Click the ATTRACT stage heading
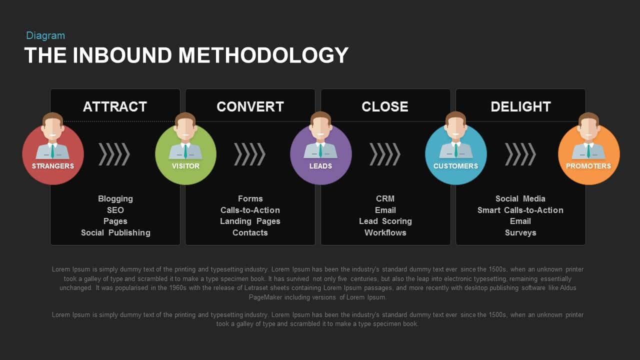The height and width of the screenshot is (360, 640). (115, 106)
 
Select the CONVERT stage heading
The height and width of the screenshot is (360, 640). (250, 106)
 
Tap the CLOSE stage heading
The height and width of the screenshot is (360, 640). (385, 106)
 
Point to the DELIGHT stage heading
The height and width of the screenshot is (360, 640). (520, 106)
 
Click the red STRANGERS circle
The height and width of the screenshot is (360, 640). (53, 154)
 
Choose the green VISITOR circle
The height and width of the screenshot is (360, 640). (185, 154)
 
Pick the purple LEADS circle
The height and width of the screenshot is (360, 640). (320, 154)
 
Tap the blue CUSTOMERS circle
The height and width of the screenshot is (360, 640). (455, 154)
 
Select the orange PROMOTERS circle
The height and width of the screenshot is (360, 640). (588, 154)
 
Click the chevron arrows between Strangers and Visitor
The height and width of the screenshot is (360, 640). (114, 154)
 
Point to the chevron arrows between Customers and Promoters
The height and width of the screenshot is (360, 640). (520, 154)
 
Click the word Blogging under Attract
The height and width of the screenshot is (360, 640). (115, 198)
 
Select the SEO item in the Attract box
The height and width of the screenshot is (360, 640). (115, 210)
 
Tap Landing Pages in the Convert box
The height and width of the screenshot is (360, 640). (250, 221)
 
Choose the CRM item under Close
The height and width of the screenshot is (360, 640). (385, 198)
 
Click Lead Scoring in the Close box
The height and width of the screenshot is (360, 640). (385, 221)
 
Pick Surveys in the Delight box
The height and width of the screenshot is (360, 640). (520, 232)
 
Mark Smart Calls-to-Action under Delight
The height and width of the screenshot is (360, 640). (520, 210)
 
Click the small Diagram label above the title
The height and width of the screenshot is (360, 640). (45, 35)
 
